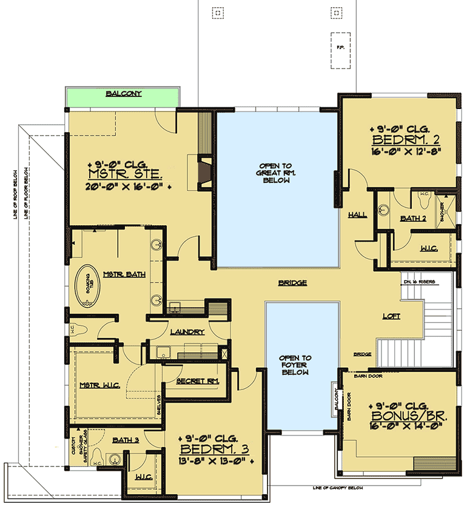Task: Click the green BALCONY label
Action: [x=123, y=94]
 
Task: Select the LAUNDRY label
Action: [x=187, y=332]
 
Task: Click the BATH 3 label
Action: [x=127, y=440]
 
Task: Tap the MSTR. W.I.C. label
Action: [x=99, y=385]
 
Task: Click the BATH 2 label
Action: [x=414, y=219]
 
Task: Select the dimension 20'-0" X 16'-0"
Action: [x=128, y=187]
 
